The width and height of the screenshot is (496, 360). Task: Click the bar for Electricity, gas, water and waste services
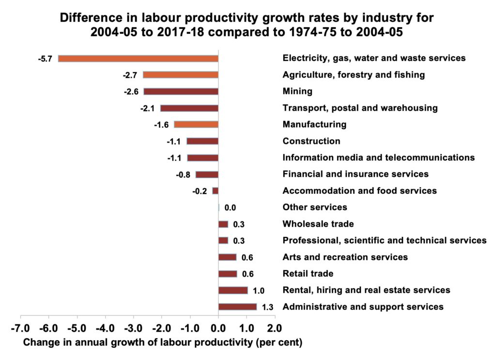(138, 58)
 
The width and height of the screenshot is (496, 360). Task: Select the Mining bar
(181, 91)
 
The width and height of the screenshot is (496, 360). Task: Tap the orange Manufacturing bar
(196, 125)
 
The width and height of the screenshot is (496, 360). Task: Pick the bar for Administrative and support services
(237, 307)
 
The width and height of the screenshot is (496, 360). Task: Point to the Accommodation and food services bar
(216, 191)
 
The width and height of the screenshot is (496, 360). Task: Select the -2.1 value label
(147, 109)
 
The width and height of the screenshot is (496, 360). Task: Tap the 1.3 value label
(267, 307)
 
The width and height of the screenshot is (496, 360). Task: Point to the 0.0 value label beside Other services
(230, 208)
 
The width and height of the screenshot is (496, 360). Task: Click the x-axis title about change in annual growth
(163, 343)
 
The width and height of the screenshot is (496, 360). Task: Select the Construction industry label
(311, 141)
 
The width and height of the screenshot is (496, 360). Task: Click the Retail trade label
(308, 274)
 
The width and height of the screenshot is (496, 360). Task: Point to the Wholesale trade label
(318, 224)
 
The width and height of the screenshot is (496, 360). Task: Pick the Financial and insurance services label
(356, 174)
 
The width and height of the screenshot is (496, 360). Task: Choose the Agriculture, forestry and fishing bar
(180, 75)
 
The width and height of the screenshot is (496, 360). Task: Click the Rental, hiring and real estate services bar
(233, 290)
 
